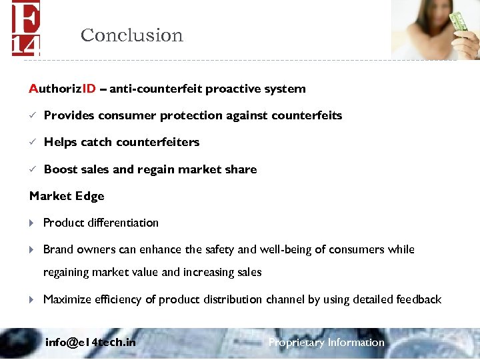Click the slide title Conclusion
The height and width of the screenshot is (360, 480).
131,35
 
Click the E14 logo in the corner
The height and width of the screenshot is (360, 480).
26,28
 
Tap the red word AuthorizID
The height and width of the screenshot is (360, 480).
63,89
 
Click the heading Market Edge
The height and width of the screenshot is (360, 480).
67,196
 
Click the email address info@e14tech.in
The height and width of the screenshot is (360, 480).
91,343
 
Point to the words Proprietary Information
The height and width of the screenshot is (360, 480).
326,343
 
